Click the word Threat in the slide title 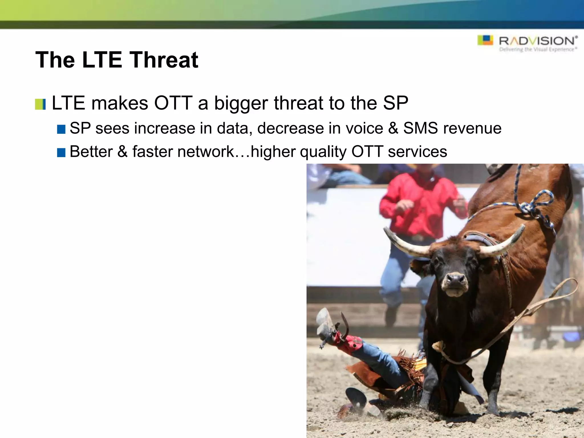[x=164, y=60]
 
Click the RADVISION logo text [x=537, y=41]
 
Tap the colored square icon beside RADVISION [x=485, y=40]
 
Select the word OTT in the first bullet [x=173, y=103]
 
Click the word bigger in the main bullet [x=241, y=104]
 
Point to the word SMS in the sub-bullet [x=420, y=128]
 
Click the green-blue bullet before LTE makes [x=40, y=104]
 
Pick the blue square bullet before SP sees [x=61, y=129]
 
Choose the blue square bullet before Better [x=61, y=153]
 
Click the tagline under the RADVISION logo [x=538, y=50]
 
